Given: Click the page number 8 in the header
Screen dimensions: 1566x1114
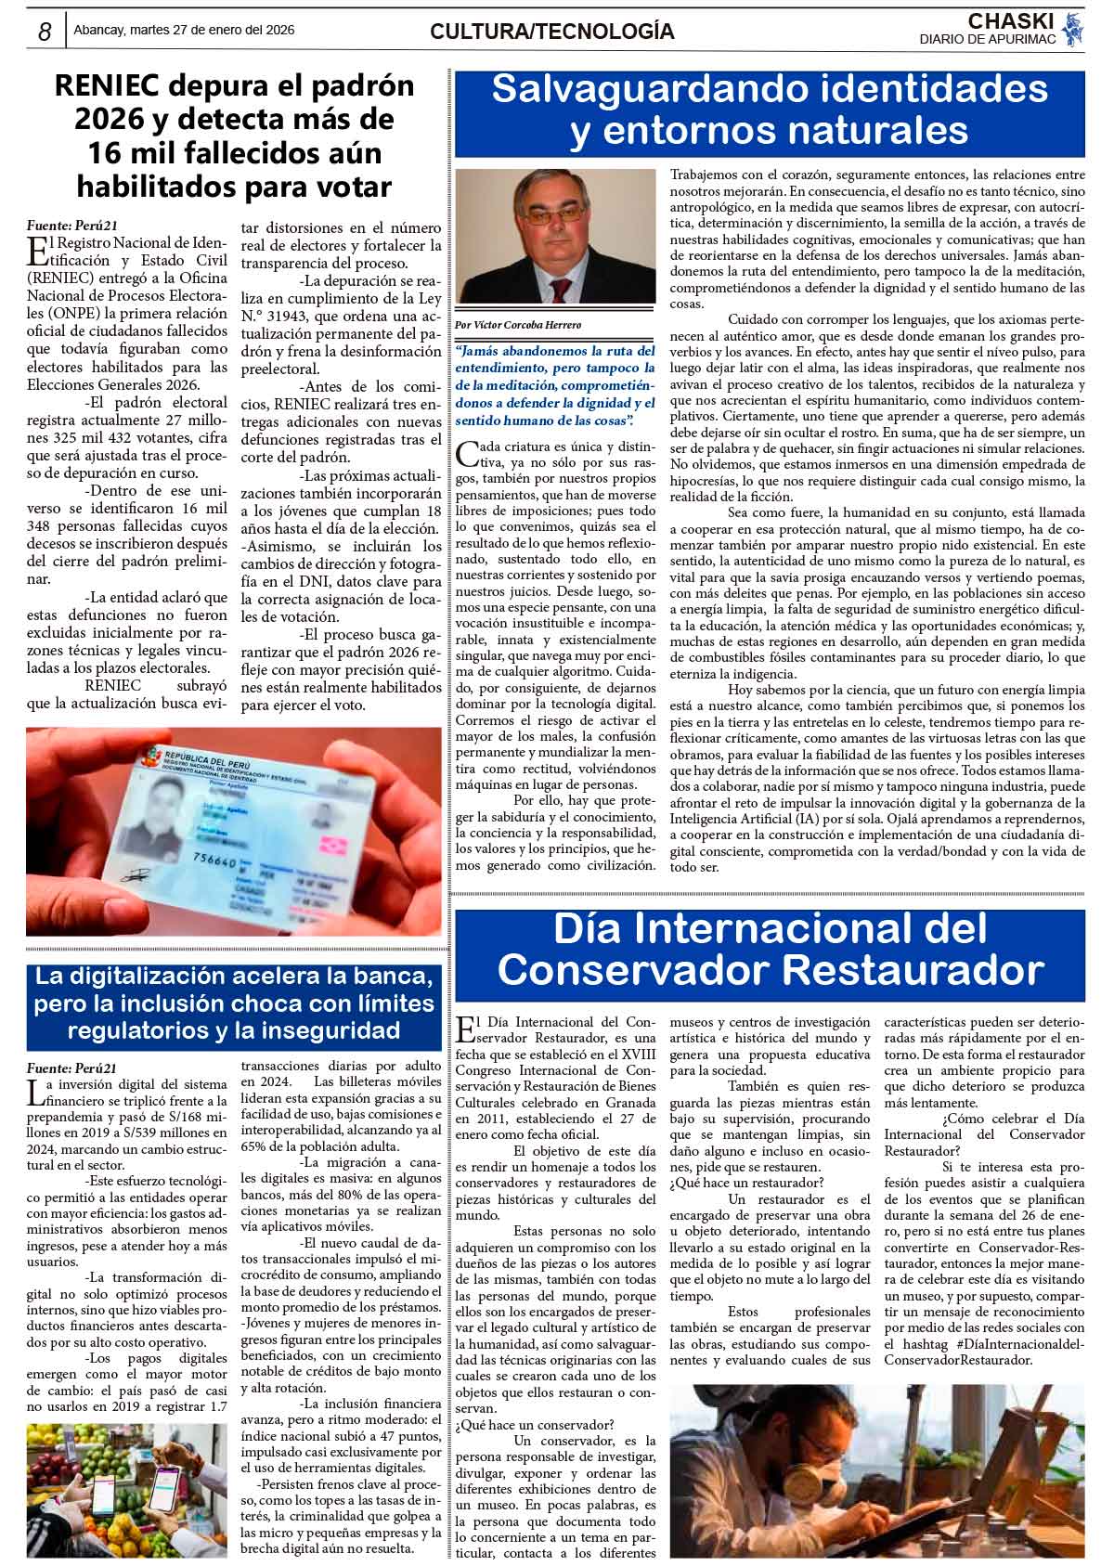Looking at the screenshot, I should coord(45,31).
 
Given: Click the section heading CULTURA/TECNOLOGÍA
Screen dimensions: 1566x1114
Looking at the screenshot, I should coord(551,32).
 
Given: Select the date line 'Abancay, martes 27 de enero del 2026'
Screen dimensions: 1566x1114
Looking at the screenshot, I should coord(184,30).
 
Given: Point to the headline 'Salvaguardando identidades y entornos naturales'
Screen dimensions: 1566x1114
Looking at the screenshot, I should coord(769,110).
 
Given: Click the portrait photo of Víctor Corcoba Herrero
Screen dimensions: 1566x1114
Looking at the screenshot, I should coord(555,238).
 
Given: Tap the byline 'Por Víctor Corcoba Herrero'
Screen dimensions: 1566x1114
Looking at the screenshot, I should coord(518,325).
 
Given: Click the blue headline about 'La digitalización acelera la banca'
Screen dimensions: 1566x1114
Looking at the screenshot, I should coord(234,1003).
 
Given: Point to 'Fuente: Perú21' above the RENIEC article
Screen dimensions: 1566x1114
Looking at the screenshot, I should coord(72,225).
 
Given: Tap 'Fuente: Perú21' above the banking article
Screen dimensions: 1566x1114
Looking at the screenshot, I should coord(72,1068).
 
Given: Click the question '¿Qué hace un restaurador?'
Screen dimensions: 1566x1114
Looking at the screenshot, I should coord(745,1183).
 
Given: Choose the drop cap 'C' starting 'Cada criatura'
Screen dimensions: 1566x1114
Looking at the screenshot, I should coord(467,453).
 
